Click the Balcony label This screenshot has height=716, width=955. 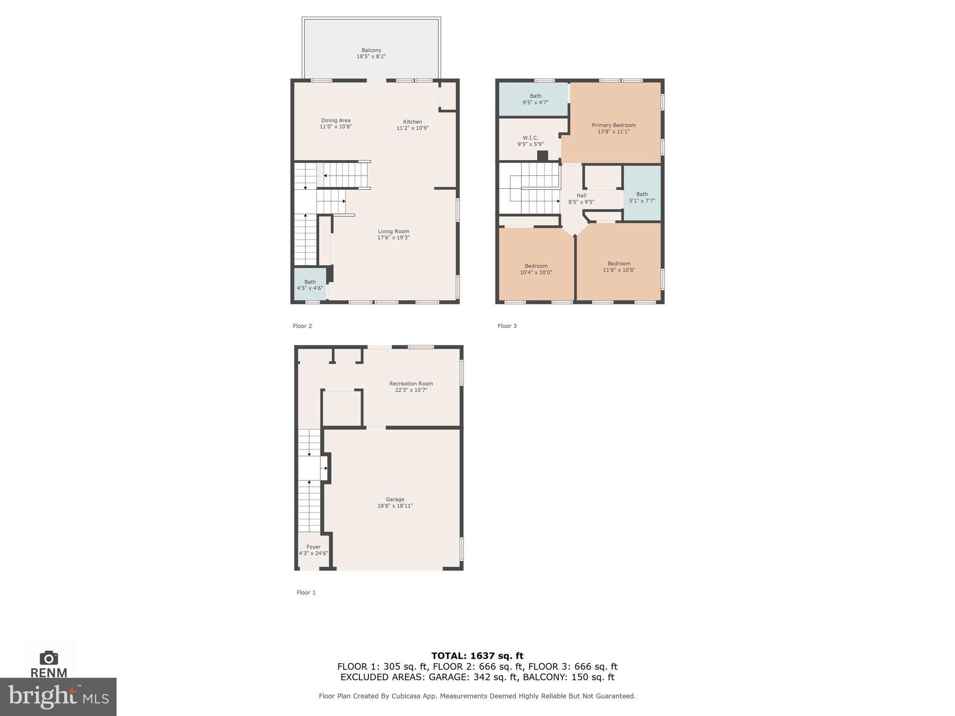pos(371,50)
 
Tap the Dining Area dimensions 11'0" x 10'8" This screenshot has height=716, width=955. pos(335,127)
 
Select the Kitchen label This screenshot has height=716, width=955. pos(412,122)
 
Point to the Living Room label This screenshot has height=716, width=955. pos(393,231)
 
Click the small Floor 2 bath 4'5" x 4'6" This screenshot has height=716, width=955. pos(310,285)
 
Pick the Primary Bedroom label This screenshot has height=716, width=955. pos(613,125)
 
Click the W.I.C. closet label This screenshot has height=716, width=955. pos(530,138)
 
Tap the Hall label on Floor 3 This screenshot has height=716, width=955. pos(581,196)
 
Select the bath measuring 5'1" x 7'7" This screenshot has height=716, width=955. pos(642,198)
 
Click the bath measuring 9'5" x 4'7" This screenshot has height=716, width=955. pos(535,99)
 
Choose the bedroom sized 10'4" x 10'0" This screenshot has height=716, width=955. pos(536,269)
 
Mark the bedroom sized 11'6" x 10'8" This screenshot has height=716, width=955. pos(619,267)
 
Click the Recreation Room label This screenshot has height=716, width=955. pos(411,384)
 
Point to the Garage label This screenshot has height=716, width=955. pos(394,499)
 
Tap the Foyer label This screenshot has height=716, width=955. pos(313,547)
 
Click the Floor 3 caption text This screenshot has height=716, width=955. pos(507,326)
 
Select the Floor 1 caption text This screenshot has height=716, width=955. pos(306,592)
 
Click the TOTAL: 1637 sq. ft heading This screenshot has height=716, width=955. pos(477,656)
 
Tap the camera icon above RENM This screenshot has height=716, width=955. pos(48,658)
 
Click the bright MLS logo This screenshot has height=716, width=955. pos(58,697)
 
